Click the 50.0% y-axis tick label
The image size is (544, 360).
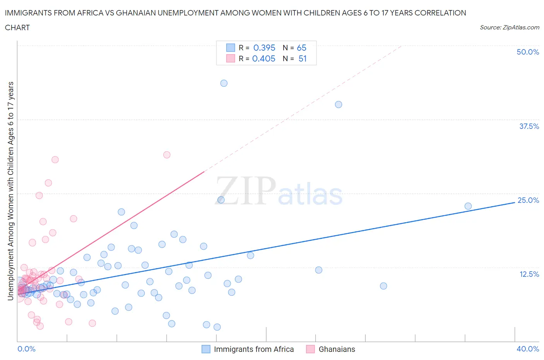tap(528, 52)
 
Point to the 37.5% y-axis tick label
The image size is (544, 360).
tap(529, 126)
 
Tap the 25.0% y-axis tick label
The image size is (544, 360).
tap(528, 200)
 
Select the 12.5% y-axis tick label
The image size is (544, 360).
tap(529, 274)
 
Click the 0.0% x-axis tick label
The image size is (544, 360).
tap(26, 349)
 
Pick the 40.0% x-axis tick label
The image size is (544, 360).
tap(528, 349)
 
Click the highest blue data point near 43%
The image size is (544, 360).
tap(224, 83)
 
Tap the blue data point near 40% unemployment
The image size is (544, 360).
tap(339, 105)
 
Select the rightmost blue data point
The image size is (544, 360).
tap(468, 206)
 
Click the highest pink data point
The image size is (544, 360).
tap(167, 155)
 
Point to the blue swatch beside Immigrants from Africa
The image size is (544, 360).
tap(206, 349)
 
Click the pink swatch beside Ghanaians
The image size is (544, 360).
tap(310, 349)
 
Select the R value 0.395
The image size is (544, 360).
tap(264, 48)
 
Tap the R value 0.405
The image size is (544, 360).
tap(264, 58)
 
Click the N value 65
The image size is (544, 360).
tap(301, 48)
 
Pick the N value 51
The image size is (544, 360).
tap(303, 58)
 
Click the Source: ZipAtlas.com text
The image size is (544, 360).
tap(509, 27)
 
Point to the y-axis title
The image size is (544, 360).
tap(10, 191)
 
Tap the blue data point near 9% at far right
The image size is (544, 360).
tap(383, 286)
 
